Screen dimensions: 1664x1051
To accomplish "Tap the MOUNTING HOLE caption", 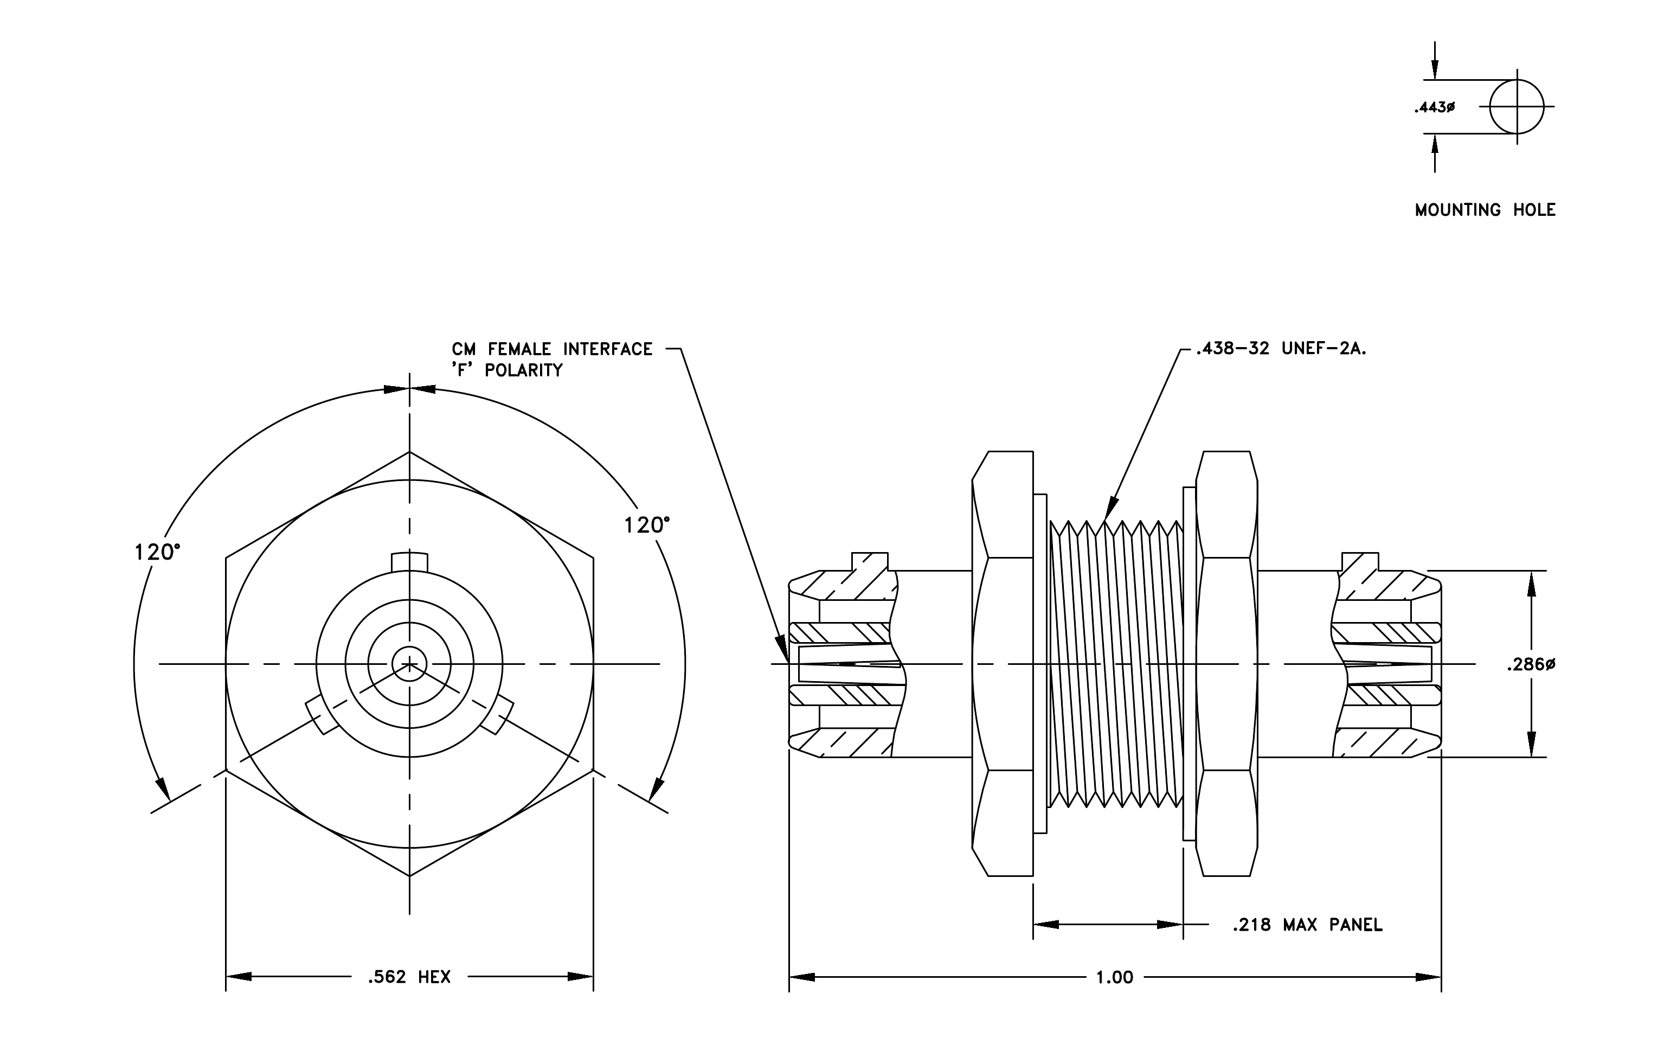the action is click(x=1485, y=210).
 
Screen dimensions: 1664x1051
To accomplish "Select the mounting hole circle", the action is click(x=1517, y=80).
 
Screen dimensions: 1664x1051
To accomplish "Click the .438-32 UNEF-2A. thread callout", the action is click(x=1282, y=349).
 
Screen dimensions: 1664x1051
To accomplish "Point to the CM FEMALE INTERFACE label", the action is click(x=552, y=349).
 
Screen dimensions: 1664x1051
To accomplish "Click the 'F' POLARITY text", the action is click(x=507, y=370).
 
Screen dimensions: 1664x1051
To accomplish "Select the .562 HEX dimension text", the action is click(x=410, y=977).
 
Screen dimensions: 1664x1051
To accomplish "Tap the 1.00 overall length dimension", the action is click(x=1115, y=978).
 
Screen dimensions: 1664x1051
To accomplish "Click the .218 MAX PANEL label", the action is click(x=1307, y=925).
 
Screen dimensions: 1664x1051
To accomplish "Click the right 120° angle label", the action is click(x=647, y=525).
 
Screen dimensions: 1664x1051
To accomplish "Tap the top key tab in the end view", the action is click(x=410, y=562).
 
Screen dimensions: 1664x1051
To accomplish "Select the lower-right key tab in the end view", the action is click(x=497, y=716).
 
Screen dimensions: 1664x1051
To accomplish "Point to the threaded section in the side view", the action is click(x=1115, y=663).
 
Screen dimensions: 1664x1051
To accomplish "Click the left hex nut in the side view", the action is click(x=1003, y=663).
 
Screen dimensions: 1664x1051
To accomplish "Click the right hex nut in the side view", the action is click(x=1226, y=663).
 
